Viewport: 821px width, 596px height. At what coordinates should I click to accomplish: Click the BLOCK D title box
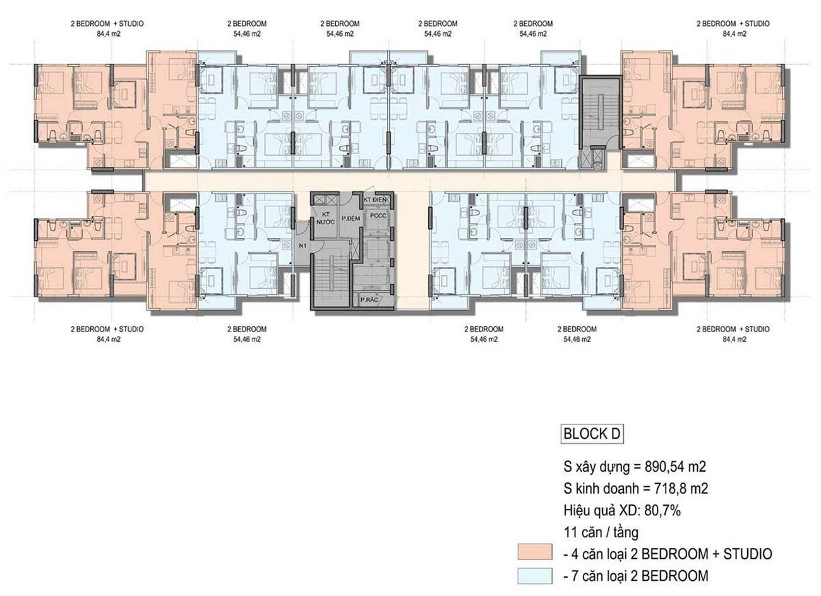(592, 434)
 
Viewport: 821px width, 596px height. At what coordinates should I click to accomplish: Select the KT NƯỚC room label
(326, 218)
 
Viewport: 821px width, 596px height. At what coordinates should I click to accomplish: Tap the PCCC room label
(378, 216)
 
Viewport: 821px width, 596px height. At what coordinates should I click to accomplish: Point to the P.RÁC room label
(369, 300)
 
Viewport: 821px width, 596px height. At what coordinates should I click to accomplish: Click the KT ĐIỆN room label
(375, 200)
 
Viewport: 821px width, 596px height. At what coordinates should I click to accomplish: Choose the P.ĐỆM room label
(351, 218)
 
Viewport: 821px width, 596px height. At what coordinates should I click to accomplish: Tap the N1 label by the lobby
(303, 246)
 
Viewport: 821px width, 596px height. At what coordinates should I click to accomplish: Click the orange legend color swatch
(535, 552)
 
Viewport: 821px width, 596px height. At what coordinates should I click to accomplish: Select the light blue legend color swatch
(535, 576)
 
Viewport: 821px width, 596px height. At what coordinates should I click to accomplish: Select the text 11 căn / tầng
(601, 532)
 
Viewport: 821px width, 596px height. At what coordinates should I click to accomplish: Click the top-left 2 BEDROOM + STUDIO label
(107, 24)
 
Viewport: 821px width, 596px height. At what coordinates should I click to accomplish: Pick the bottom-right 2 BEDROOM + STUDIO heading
(733, 330)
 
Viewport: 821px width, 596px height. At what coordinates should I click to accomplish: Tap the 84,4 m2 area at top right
(734, 34)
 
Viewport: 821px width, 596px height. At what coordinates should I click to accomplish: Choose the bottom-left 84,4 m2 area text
(109, 340)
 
